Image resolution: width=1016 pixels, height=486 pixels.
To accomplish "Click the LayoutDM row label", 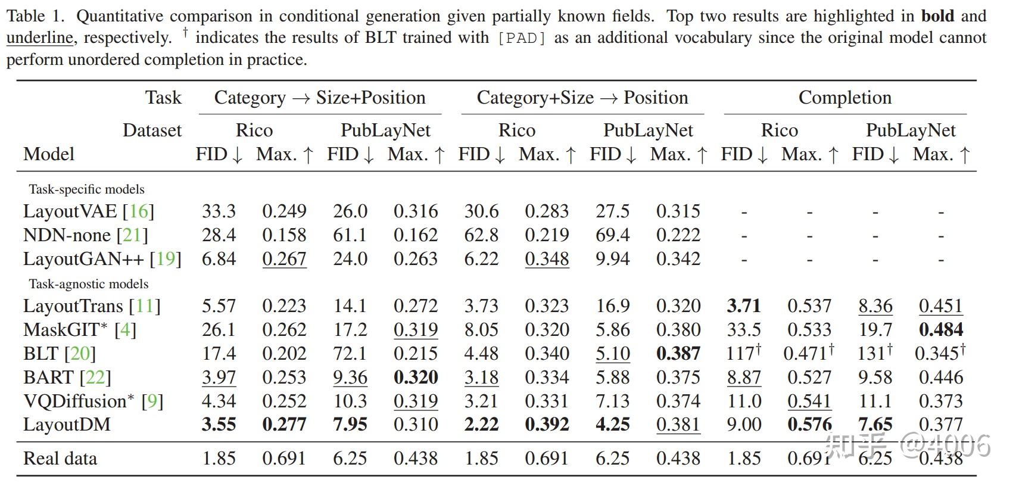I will (67, 425).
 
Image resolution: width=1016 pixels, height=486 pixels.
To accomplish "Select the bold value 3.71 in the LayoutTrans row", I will (744, 306).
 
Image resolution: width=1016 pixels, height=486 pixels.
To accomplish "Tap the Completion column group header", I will (844, 98).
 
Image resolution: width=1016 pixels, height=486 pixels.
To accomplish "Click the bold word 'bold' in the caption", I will (937, 16).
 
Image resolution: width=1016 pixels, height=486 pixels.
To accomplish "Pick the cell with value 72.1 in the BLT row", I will (350, 354).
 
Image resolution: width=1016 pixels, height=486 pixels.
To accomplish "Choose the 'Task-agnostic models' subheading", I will (89, 284).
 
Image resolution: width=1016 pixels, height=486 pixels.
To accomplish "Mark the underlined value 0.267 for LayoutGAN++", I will (284, 259).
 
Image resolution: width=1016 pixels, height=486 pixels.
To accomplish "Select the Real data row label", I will (60, 459).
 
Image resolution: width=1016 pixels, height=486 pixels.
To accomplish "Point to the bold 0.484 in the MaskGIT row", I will (941, 330).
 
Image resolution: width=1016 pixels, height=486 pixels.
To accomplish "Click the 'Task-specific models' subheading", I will (86, 189).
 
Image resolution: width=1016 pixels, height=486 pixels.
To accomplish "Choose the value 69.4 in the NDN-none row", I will (613, 235).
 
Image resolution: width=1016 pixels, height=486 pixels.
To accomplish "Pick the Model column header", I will (49, 154).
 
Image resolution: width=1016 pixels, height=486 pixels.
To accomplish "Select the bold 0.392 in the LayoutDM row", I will (547, 425).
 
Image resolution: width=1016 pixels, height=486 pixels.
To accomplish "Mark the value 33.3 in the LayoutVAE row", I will (219, 211).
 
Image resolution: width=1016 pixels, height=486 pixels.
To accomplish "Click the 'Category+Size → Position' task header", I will (582, 98).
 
